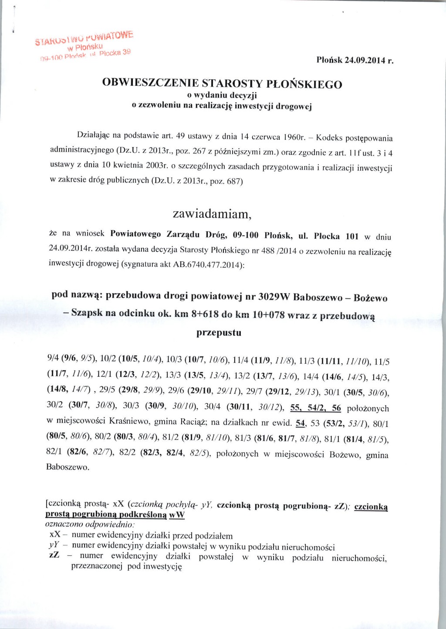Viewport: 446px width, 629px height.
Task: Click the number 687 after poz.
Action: pyautogui.click(x=234, y=181)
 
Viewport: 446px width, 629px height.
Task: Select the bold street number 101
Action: pyautogui.click(x=351, y=237)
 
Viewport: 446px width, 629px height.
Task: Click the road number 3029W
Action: pyautogui.click(x=274, y=297)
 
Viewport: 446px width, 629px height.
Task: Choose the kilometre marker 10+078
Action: pyautogui.click(x=268, y=314)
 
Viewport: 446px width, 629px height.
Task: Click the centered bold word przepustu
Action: pyautogui.click(x=219, y=333)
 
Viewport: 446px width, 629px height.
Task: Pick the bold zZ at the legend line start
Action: pyautogui.click(x=54, y=555)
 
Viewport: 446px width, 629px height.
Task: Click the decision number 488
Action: pyautogui.click(x=267, y=250)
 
